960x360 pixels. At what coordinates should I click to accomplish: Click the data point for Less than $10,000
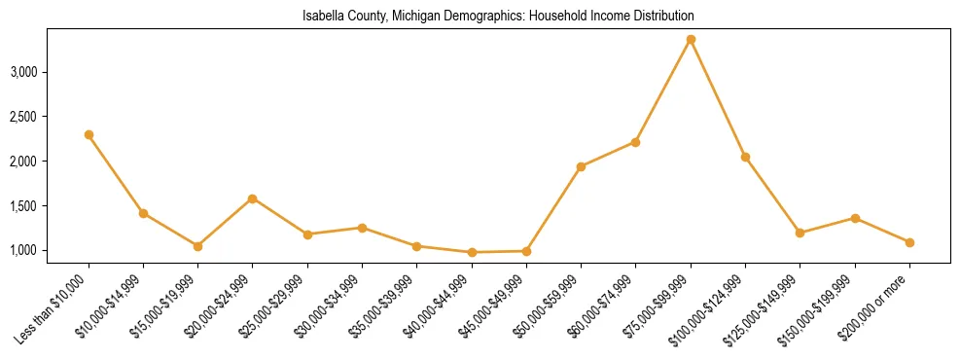click(89, 134)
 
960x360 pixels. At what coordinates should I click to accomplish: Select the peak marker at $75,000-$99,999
click(691, 39)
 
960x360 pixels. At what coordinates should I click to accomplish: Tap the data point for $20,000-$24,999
click(253, 198)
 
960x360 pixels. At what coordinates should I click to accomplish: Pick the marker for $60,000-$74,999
click(636, 142)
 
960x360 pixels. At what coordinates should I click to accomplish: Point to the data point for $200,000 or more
click(909, 242)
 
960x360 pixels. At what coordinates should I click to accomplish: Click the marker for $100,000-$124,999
click(745, 157)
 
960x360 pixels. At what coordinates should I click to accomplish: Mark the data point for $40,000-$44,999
click(472, 252)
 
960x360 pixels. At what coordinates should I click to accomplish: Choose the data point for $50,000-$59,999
click(581, 166)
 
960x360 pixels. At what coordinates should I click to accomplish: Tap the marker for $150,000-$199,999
click(855, 218)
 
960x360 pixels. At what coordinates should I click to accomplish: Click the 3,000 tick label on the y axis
click(49, 72)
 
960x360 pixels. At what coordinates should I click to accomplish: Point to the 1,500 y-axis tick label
click(49, 206)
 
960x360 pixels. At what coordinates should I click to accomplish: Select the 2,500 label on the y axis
click(49, 117)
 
